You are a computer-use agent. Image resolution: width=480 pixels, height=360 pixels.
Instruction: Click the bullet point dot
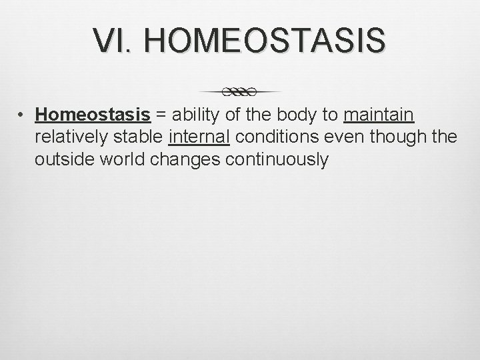22,115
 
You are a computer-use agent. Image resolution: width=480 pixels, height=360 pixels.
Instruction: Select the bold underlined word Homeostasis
93,115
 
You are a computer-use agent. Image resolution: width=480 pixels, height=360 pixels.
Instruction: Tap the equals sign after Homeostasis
161,115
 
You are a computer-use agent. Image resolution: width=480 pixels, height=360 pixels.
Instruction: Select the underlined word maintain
379,115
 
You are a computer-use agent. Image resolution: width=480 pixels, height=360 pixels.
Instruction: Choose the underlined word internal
199,137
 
